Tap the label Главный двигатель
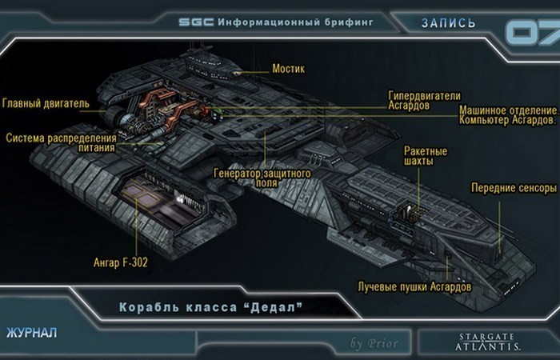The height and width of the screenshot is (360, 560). point(46,103)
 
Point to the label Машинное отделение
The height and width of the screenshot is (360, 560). point(508,109)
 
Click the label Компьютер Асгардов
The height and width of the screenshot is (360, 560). point(508,120)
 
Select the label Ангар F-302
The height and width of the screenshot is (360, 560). point(122,262)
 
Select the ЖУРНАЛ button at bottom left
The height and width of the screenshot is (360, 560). point(31,330)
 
